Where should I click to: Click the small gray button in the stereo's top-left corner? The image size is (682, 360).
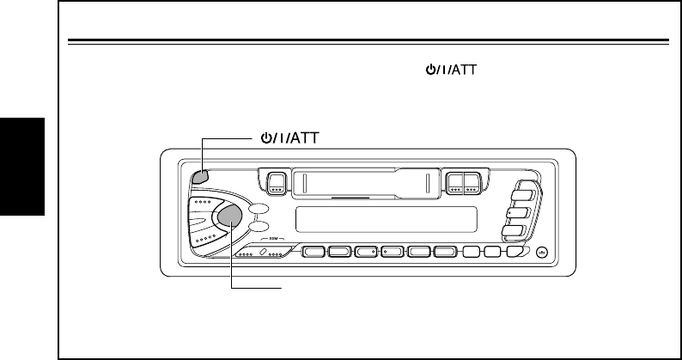point(199,177)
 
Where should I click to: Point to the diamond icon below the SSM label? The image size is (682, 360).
point(264,252)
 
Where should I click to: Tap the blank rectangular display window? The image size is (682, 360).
point(387,221)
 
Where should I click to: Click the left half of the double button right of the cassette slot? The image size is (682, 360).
point(454,182)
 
